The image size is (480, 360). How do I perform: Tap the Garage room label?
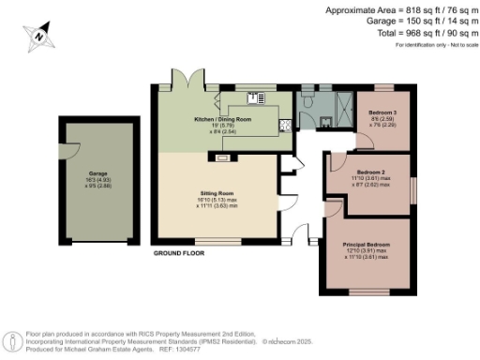[x=98, y=173]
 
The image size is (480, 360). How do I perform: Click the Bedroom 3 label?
[x=382, y=112]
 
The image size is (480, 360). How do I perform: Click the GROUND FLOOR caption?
[x=179, y=253]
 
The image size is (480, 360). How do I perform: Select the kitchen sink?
[x=254, y=98]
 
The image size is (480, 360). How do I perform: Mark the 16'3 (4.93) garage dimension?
[x=98, y=180]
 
